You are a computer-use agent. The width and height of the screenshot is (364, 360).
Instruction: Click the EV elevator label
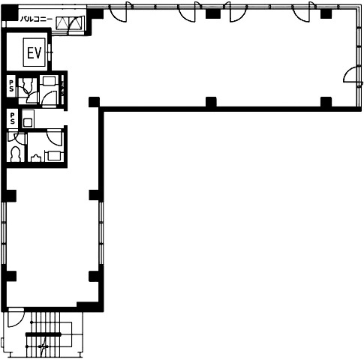(35, 53)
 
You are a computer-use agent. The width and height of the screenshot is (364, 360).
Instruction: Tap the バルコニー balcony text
(36, 19)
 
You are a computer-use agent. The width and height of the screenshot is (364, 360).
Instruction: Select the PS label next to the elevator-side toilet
(11, 85)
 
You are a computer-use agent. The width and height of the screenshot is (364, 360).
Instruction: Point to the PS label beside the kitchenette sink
(12, 118)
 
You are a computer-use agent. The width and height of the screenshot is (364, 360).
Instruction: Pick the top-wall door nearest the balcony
(119, 13)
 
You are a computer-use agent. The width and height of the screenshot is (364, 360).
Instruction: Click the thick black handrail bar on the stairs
(44, 334)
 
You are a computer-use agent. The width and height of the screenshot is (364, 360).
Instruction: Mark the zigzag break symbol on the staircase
(44, 346)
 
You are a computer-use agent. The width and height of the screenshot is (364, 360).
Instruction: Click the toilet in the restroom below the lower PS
(16, 154)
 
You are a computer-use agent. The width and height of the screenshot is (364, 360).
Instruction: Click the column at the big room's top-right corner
(326, 13)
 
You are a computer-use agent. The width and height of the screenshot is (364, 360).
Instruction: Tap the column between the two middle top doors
(211, 13)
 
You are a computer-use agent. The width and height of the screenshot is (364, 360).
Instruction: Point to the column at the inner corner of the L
(94, 102)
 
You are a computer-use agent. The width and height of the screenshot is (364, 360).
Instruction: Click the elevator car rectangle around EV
(35, 52)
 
